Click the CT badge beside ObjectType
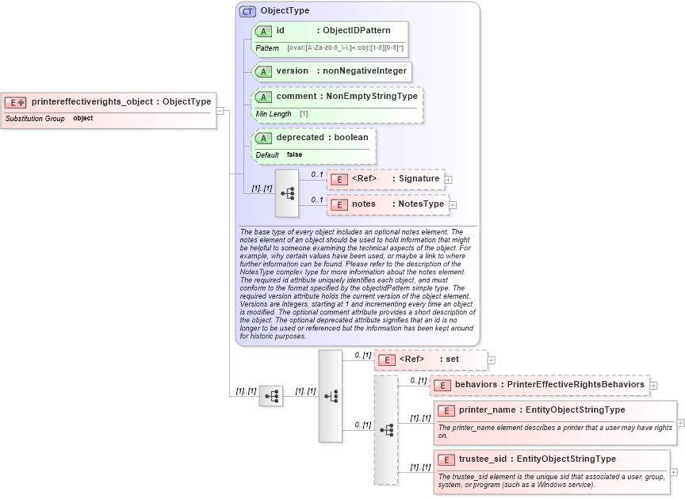(248, 11)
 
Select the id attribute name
(281, 31)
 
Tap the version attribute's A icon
(263, 71)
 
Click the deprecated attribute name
(300, 137)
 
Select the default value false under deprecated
(294, 154)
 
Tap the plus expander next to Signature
(449, 180)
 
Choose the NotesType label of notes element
(421, 204)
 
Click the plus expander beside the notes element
(453, 205)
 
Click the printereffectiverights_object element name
(92, 101)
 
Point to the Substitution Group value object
(83, 118)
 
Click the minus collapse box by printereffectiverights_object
(220, 110)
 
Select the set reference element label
(452, 359)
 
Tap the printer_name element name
(487, 409)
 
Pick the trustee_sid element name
(482, 459)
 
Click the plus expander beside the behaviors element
(653, 386)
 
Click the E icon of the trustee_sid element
(446, 459)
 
